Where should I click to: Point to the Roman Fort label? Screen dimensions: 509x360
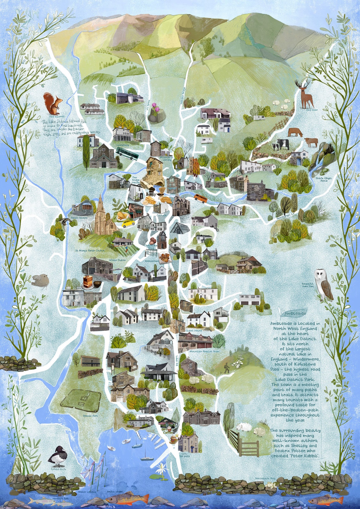90,416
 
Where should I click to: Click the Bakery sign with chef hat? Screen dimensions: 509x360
152,193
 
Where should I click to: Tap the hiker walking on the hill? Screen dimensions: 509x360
226,368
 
